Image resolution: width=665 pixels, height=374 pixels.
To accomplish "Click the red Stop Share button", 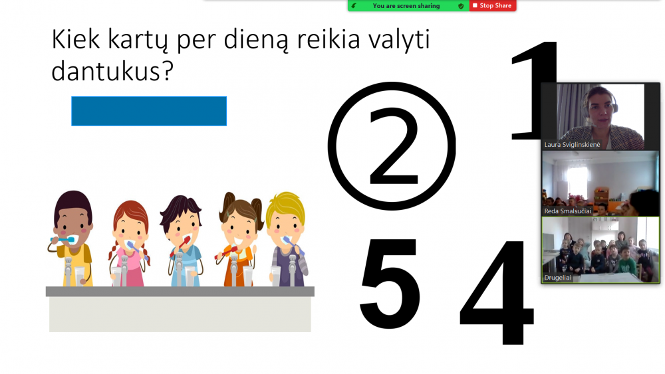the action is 492,5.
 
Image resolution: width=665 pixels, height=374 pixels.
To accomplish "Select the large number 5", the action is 390,283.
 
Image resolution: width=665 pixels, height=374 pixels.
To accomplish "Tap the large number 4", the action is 496,292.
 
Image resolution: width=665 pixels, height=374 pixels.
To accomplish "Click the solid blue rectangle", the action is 149,111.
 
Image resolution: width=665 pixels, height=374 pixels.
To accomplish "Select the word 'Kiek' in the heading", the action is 76,39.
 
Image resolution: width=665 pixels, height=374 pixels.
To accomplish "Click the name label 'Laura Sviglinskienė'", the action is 572,144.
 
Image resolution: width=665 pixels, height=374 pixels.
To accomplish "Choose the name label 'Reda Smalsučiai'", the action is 567,211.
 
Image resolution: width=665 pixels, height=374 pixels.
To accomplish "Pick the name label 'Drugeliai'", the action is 558,278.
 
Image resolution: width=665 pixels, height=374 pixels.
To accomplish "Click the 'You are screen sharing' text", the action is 406,5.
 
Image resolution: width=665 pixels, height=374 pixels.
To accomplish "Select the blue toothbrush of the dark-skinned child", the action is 63,240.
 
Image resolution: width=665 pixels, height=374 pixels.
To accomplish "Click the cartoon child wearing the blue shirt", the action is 182,240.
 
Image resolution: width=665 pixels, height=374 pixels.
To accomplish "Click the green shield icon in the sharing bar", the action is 461,6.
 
